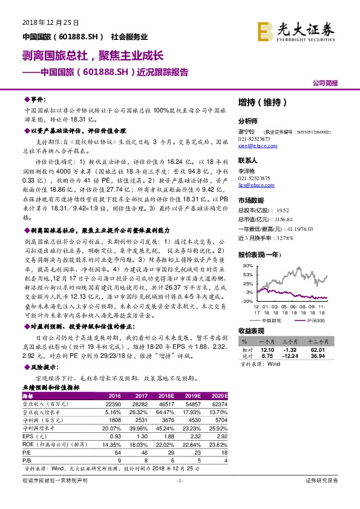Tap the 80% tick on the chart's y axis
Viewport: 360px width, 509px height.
tap(246, 265)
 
